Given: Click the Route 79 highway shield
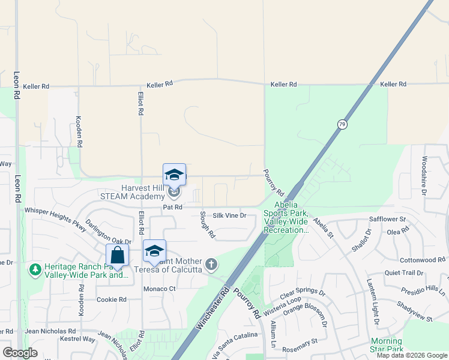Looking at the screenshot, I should (342, 124).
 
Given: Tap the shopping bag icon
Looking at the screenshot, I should (118, 254).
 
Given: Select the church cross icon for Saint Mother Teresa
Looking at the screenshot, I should (211, 264).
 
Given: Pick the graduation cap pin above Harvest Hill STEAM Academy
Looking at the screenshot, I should (174, 175).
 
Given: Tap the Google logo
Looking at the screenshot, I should (20, 353).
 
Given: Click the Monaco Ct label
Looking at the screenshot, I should (159, 289).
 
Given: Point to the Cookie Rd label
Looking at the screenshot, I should (112, 299).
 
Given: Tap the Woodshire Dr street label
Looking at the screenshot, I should (424, 176).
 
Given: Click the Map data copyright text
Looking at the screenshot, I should (411, 355).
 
